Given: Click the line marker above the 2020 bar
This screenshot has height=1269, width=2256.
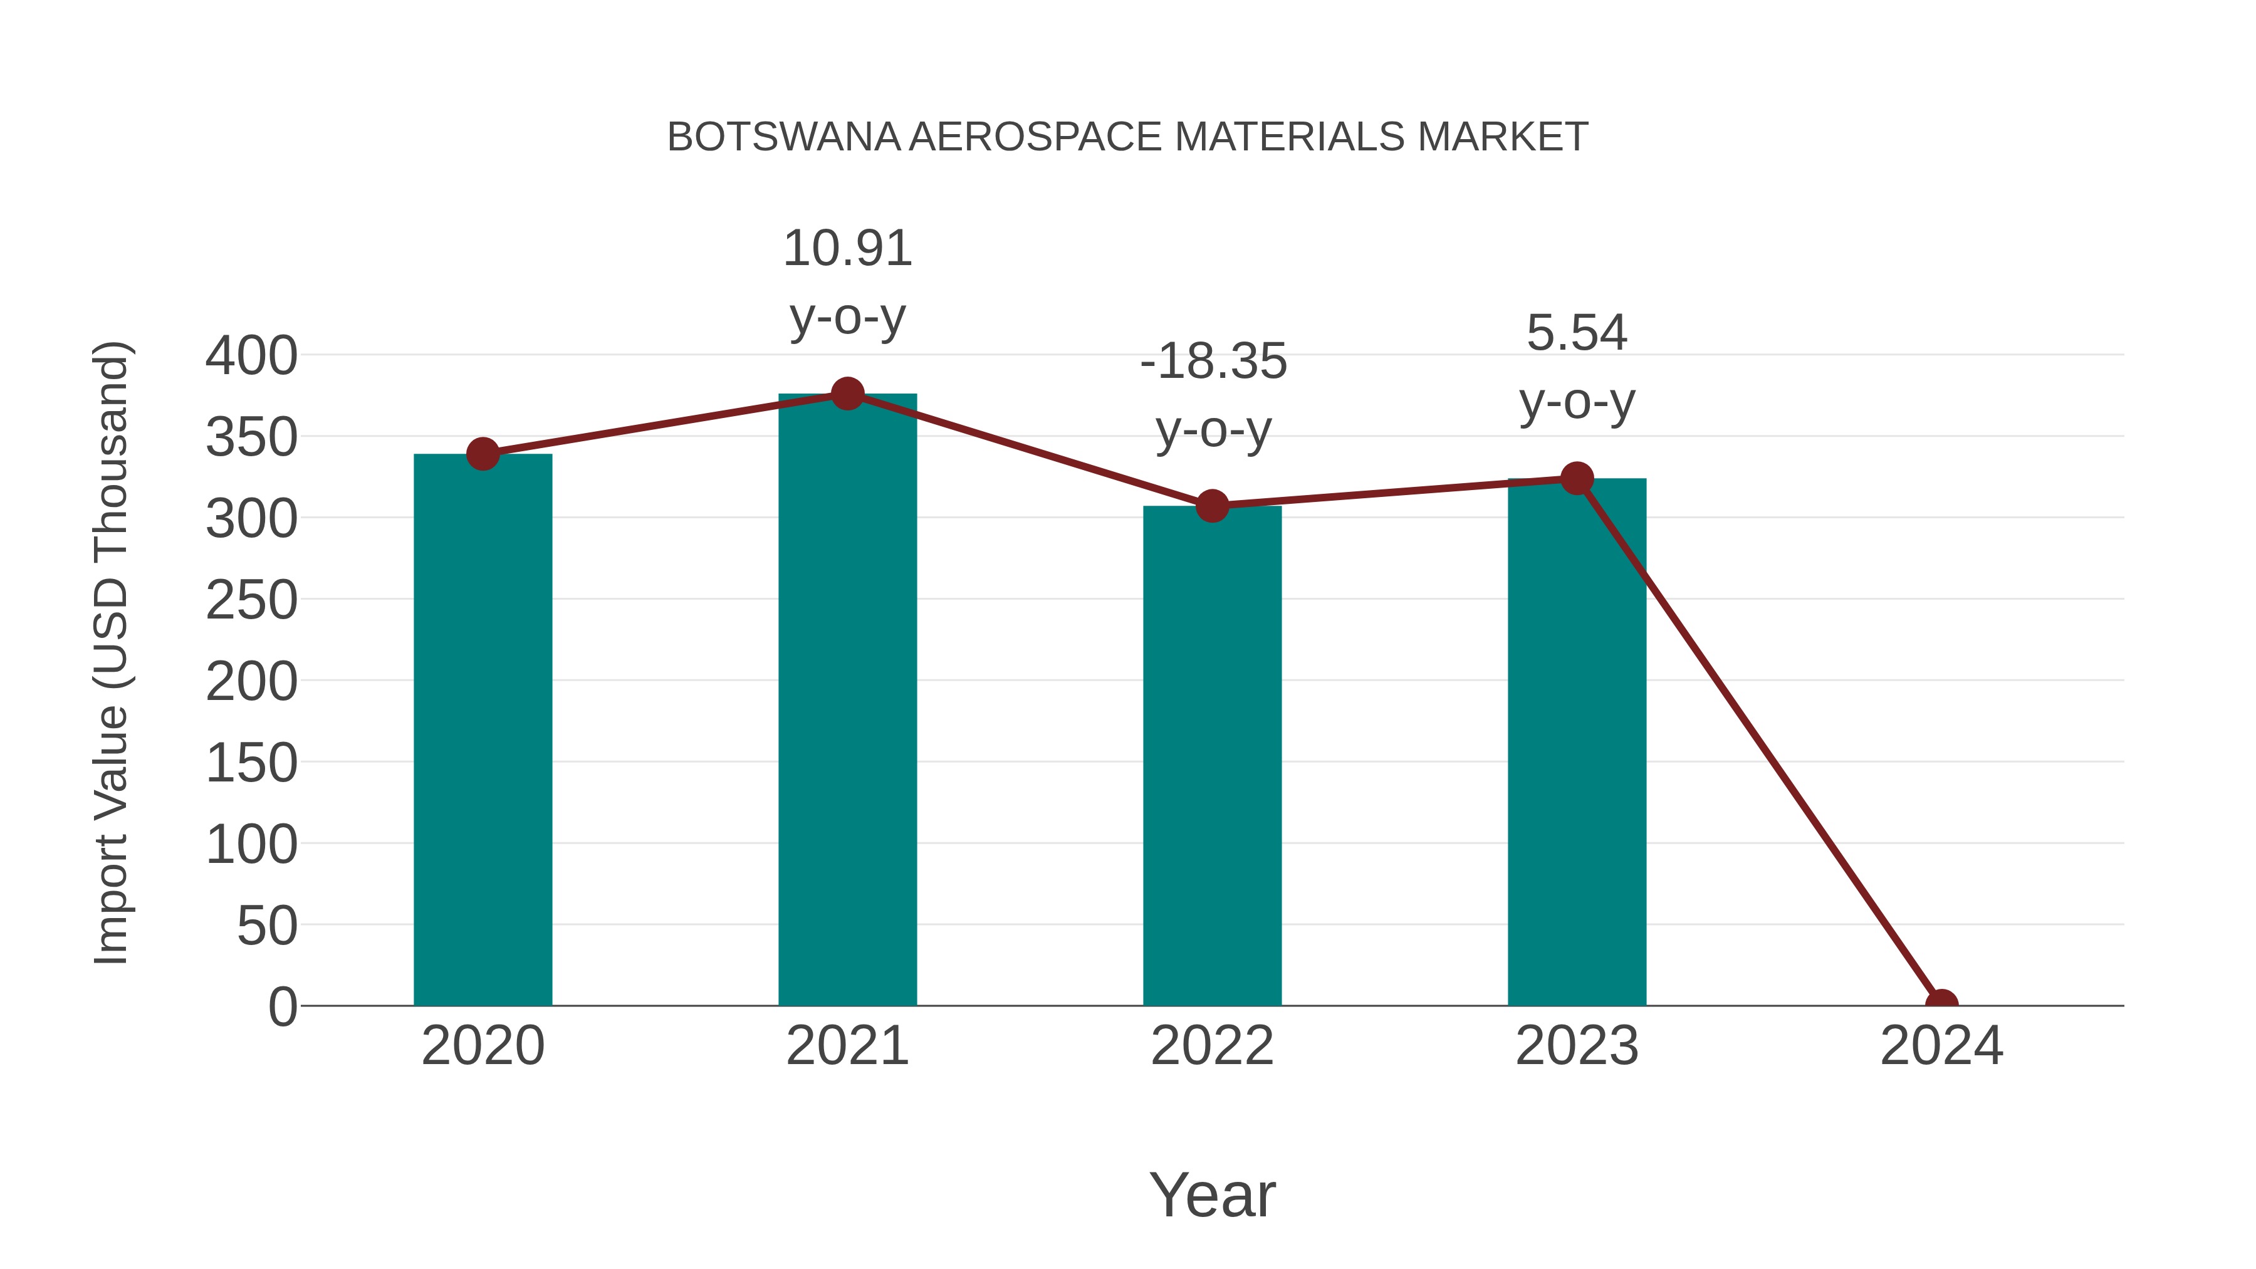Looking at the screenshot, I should [483, 454].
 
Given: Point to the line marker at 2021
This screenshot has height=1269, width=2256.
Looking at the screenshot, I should [847, 394].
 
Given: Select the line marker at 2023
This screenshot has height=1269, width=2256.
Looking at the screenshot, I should [1577, 478].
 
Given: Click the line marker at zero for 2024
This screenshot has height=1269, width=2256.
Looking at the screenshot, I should [1941, 1004].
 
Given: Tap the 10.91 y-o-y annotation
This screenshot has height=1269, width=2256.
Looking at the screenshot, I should [847, 282].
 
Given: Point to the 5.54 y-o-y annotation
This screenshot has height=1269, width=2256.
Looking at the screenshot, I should [1577, 367].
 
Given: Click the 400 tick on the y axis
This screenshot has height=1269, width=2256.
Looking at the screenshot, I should [251, 357].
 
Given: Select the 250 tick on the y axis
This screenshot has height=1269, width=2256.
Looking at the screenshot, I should [251, 601].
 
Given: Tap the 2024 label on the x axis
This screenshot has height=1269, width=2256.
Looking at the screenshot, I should [1941, 1046].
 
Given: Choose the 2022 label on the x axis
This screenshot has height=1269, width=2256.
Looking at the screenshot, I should [1212, 1046].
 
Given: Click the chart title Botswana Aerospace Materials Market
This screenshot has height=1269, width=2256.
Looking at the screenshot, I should [1127, 137].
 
